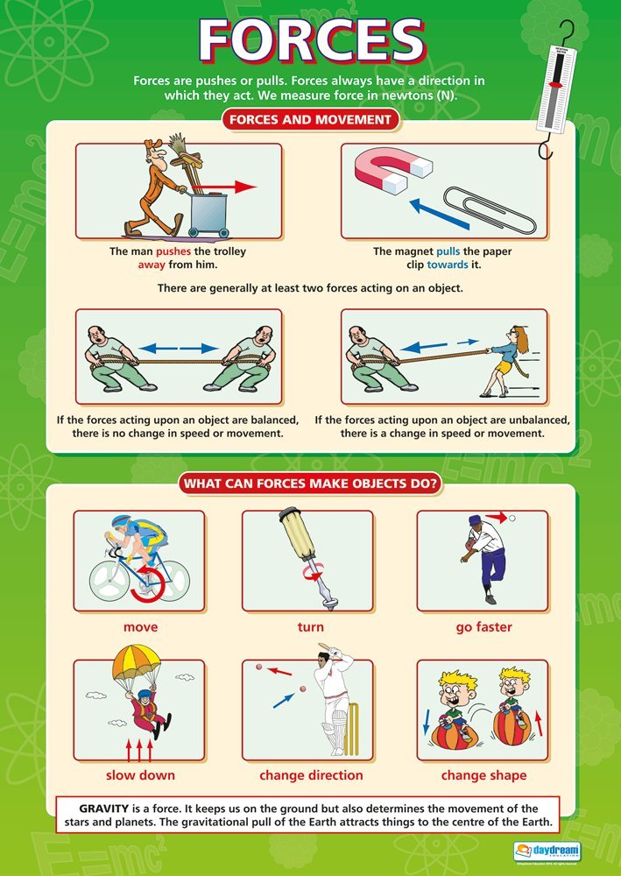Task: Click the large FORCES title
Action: (311, 39)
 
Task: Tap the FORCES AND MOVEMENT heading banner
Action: (311, 119)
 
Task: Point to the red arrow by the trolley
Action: (232, 187)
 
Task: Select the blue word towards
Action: (448, 265)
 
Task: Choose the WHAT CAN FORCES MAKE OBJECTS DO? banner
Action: (309, 484)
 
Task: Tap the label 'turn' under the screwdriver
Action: (310, 627)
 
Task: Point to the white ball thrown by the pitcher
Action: (512, 519)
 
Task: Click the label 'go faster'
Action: (483, 627)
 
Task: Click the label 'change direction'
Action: (311, 775)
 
